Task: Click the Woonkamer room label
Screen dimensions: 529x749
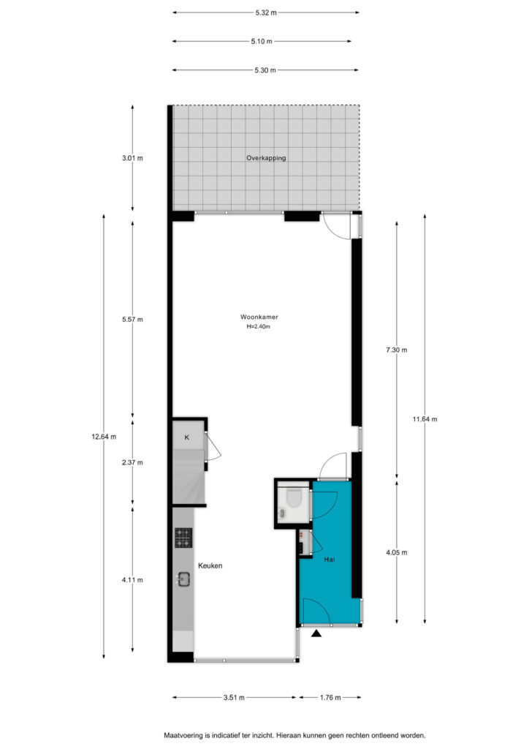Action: (x=259, y=317)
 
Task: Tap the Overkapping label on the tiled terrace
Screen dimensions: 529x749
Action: (x=266, y=158)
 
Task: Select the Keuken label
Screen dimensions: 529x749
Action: (x=210, y=565)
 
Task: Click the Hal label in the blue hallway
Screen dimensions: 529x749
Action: (x=329, y=560)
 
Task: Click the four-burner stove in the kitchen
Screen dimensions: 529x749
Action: (x=183, y=538)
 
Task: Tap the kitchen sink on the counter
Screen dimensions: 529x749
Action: (x=183, y=579)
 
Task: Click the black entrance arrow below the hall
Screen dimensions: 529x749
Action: (x=316, y=633)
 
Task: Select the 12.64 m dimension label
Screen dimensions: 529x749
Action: (x=104, y=436)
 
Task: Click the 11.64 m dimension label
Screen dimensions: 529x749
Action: (x=425, y=419)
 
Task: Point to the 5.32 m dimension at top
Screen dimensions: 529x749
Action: (x=266, y=13)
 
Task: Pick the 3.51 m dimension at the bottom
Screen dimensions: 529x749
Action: (x=234, y=697)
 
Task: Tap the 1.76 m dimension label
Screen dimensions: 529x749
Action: (x=330, y=697)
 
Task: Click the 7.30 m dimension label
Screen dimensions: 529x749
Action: (x=397, y=350)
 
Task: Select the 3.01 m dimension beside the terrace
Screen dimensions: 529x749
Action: (x=132, y=158)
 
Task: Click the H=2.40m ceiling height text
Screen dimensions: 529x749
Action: (x=258, y=327)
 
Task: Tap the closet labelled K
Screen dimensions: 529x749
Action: (x=187, y=437)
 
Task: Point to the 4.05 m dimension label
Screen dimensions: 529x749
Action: (x=397, y=553)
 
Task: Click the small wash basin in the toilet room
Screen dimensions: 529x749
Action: (x=282, y=513)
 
